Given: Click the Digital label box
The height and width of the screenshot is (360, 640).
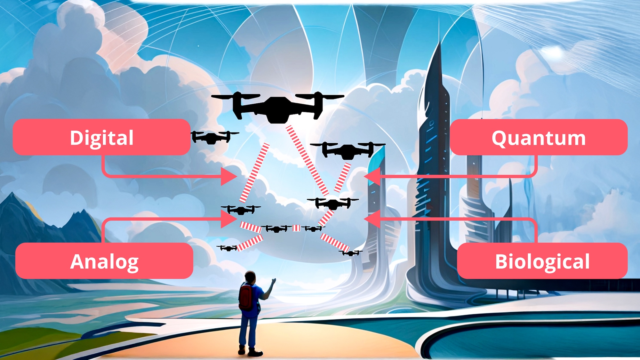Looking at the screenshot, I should tap(101, 137).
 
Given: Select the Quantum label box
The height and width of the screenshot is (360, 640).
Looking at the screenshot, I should tap(539, 137).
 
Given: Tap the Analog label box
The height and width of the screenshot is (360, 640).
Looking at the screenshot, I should tap(104, 261).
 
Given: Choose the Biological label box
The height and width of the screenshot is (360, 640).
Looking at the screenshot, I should tap(542, 261).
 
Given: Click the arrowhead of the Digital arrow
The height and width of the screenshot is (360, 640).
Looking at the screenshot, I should tap(230, 176).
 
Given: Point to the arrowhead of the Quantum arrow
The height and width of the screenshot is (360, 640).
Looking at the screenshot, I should tap(372, 176).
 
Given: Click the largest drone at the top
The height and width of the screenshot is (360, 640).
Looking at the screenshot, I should tap(277, 107).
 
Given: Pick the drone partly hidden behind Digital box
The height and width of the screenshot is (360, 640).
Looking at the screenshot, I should tap(213, 137).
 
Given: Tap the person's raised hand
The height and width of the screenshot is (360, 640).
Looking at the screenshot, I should tap(273, 282).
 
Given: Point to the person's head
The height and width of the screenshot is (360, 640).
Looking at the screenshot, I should tap(250, 276).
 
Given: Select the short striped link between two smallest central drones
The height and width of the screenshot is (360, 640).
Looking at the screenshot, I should tap(297, 228).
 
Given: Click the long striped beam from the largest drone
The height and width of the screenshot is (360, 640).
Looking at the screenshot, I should tap(307, 160).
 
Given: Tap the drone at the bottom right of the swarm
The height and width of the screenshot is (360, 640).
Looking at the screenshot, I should tap(351, 253).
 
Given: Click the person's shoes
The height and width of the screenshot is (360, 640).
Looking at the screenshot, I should tap(250, 351).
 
